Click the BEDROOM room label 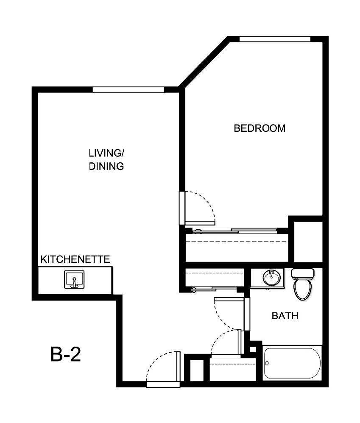(x=260, y=128)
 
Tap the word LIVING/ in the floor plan (x=106, y=153)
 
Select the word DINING (x=106, y=166)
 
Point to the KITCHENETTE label (x=75, y=259)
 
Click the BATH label (x=285, y=315)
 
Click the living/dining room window (x=128, y=89)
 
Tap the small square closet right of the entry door (x=196, y=370)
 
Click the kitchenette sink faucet (x=75, y=284)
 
